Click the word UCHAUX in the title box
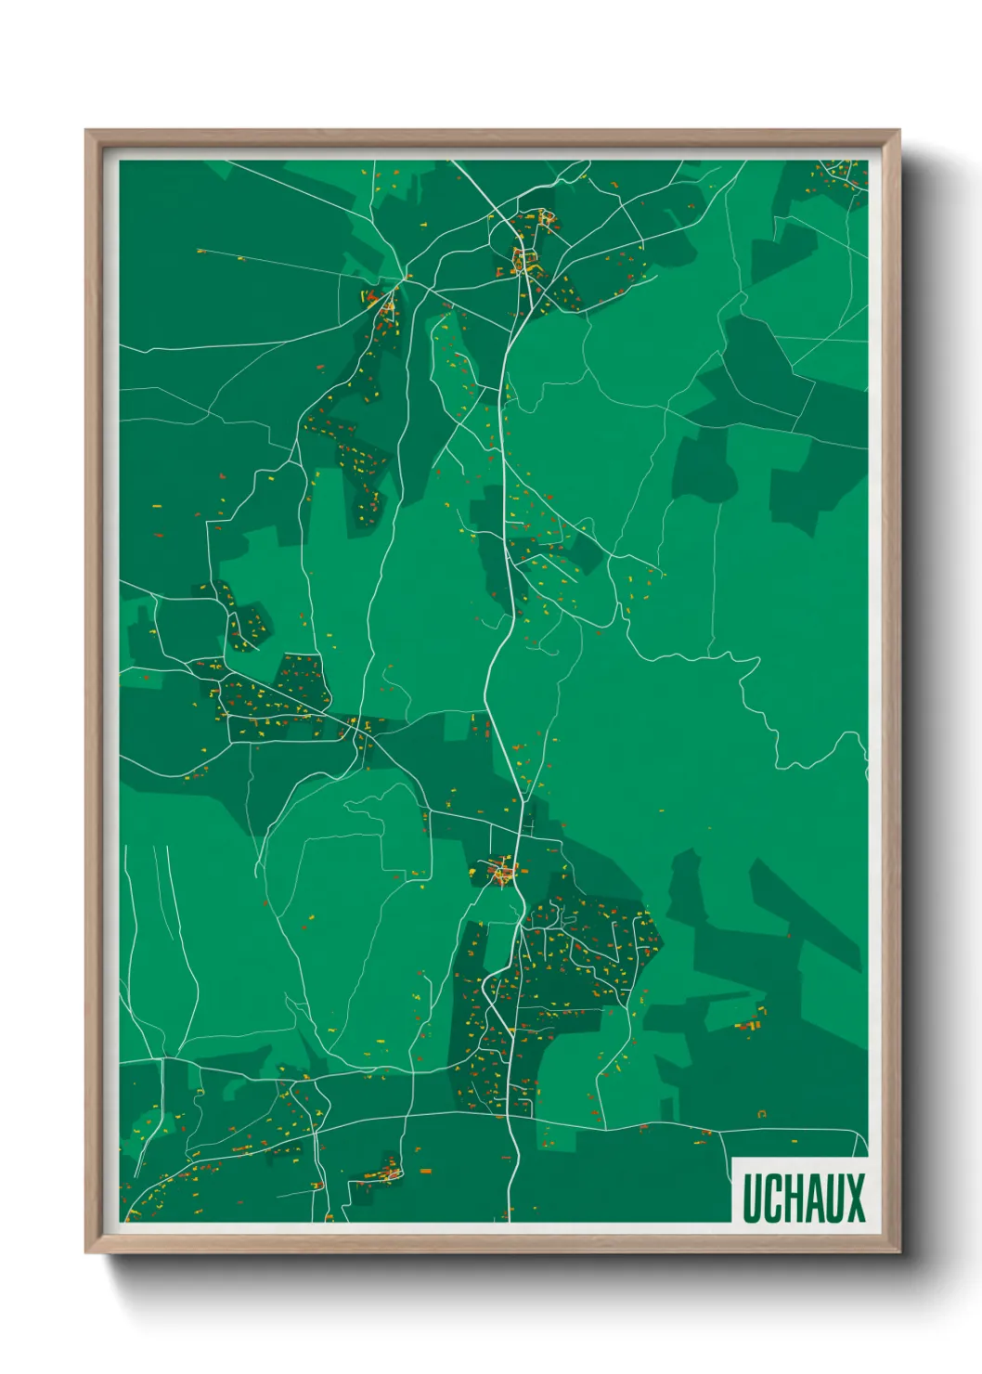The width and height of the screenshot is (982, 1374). click(x=803, y=1198)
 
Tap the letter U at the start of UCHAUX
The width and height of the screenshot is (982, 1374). click(x=751, y=1198)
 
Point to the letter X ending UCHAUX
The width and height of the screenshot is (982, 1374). click(x=854, y=1198)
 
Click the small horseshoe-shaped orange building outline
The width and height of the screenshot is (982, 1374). click(x=762, y=1112)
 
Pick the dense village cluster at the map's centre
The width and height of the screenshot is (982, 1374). click(x=502, y=872)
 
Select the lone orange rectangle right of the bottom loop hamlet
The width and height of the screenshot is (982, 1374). click(x=425, y=1173)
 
